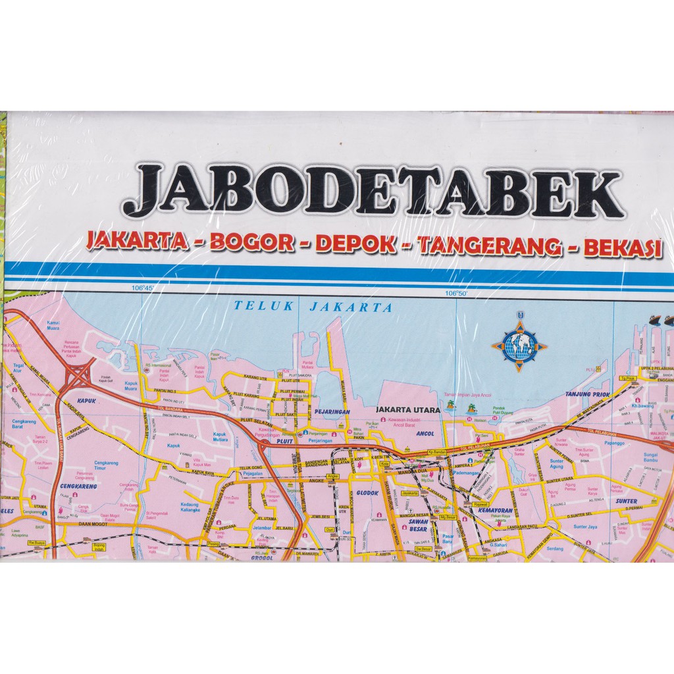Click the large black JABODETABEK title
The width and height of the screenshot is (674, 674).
pos(373,191)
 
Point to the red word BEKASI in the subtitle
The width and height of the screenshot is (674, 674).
pos(621,247)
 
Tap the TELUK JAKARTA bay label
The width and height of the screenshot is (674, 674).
pos(313,307)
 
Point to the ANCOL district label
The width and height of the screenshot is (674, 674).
pos(425,434)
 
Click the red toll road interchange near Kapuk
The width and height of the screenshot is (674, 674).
pos(78,377)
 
